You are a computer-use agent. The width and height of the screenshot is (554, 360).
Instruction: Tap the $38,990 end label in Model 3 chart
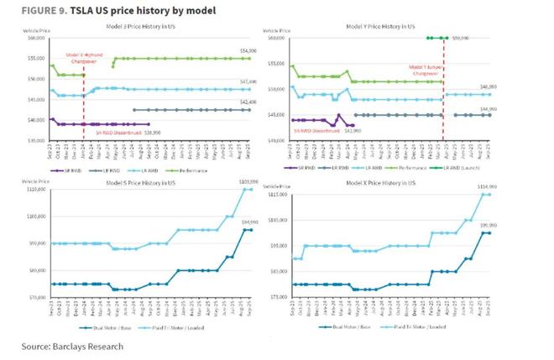point(152,132)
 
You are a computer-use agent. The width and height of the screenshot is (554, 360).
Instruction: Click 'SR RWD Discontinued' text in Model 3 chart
point(115,132)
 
